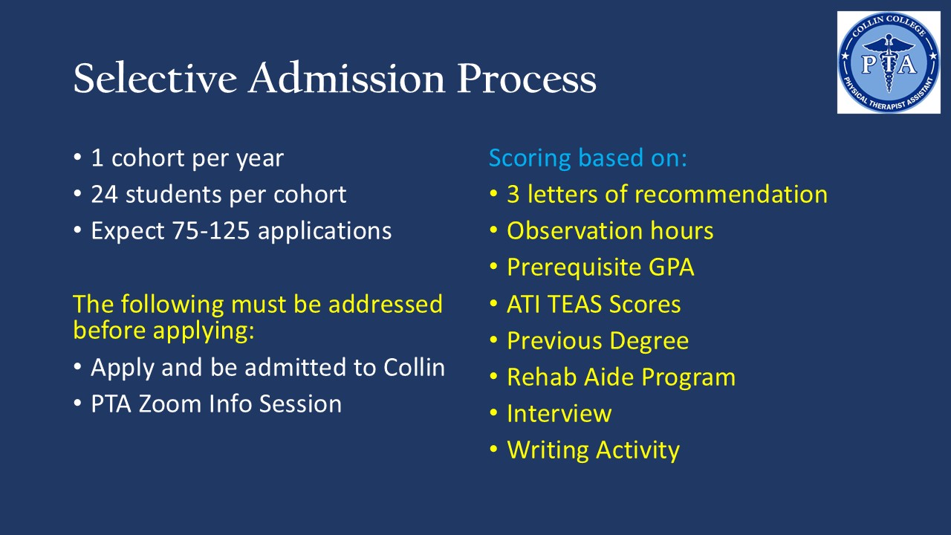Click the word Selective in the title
[x=155, y=78]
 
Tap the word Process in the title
[x=527, y=78]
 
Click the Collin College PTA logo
[x=889, y=62]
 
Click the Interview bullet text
[x=559, y=414]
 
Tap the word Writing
[x=548, y=451]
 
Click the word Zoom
[x=170, y=403]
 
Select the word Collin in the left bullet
[x=415, y=367]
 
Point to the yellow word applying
[x=204, y=331]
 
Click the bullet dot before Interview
[x=493, y=412]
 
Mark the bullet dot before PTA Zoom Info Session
[x=77, y=403]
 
